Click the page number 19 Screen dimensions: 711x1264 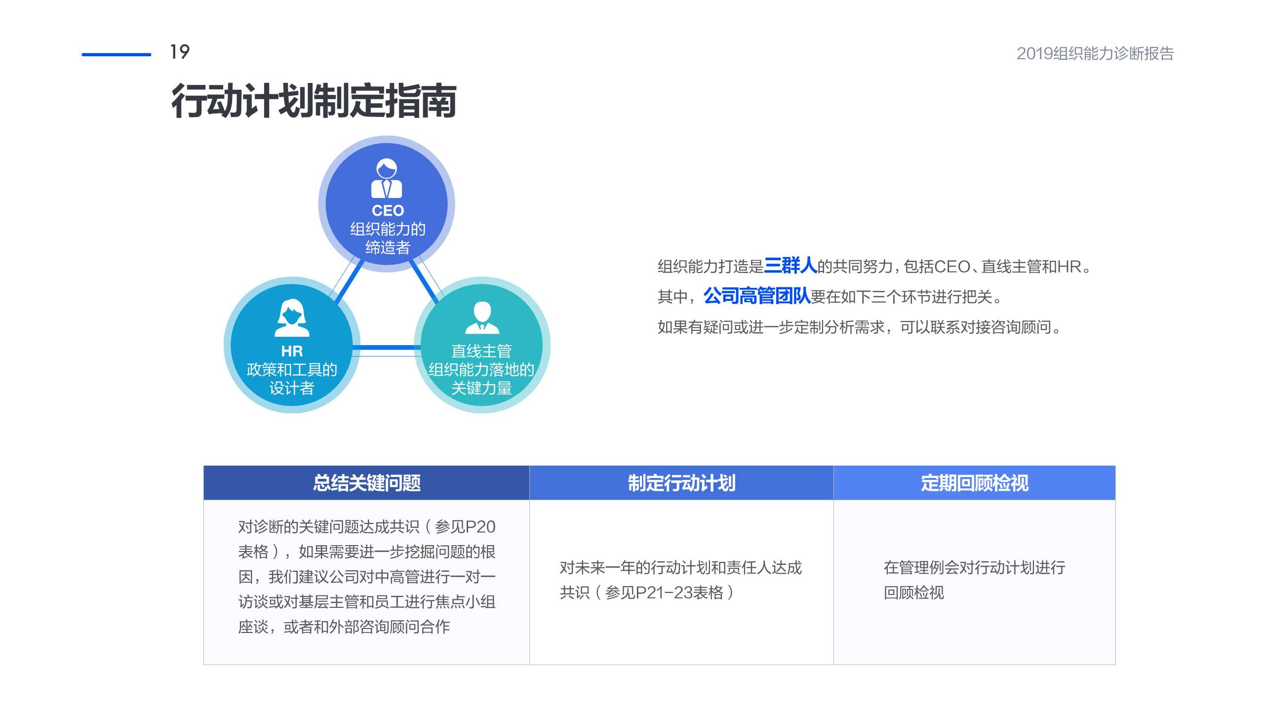(180, 52)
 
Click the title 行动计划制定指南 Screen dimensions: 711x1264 (314, 101)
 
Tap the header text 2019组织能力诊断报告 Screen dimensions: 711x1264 (1095, 53)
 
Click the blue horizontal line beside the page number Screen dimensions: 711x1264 (116, 54)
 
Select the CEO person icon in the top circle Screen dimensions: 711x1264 (387, 178)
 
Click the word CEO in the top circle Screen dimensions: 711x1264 (388, 211)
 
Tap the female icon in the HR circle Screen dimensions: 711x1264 (292, 318)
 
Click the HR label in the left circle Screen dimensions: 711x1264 (292, 351)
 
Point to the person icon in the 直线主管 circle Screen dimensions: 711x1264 (482, 318)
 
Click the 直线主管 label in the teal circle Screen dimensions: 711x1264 (481, 351)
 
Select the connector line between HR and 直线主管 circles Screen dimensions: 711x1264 (387, 348)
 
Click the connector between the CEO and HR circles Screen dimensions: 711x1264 (349, 281)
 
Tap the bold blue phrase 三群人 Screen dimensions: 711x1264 (790, 266)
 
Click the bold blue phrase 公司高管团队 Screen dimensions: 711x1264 (756, 296)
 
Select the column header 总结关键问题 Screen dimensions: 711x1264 (366, 483)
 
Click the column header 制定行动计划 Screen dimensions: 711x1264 (681, 483)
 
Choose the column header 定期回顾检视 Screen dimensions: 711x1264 (974, 483)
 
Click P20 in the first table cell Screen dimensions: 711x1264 (480, 527)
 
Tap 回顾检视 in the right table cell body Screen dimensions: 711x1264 (913, 592)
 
